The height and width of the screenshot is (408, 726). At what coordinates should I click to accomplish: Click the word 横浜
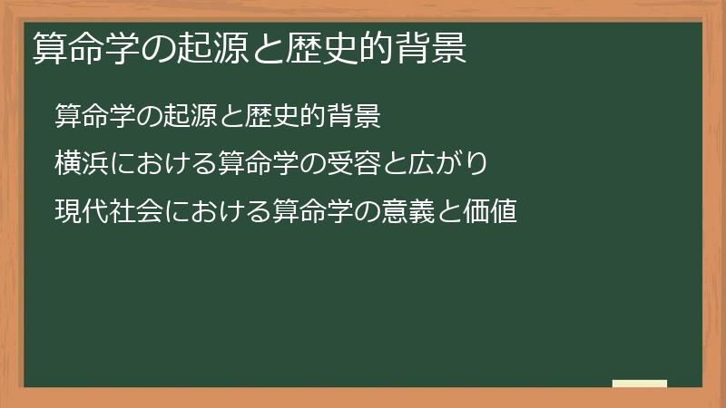pos(78,164)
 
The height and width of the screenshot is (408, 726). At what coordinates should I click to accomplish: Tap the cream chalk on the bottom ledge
pos(640,384)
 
